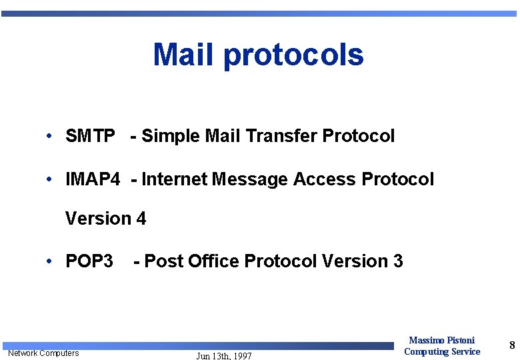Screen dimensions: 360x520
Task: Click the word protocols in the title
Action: pos(293,56)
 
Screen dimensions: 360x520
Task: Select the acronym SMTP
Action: pos(90,137)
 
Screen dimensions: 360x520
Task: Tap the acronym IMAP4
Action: pos(93,179)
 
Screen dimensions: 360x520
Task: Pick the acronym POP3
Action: pos(89,261)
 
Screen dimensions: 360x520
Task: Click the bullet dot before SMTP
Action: pos(50,137)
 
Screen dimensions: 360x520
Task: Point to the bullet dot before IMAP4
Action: pos(50,179)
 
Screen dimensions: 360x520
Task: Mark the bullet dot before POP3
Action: pos(50,261)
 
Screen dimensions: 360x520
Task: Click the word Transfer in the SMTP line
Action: pos(281,137)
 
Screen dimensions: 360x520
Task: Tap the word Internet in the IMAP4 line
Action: pos(174,179)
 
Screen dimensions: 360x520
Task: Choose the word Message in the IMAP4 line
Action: pos(250,179)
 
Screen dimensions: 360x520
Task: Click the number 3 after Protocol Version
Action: pos(398,261)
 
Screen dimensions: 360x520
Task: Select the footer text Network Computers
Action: pos(43,353)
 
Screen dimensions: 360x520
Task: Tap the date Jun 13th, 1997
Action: pos(224,356)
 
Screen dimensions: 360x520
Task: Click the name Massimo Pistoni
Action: pos(442,341)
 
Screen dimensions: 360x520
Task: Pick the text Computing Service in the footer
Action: pos(442,351)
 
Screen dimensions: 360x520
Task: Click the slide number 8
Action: pos(512,345)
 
